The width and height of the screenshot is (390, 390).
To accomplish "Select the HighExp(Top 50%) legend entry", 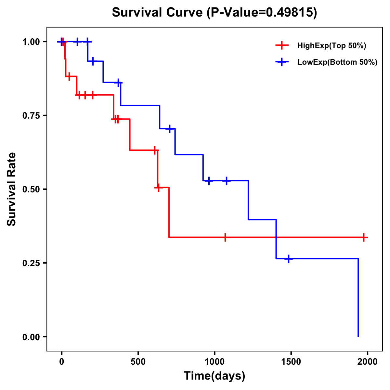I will click(x=331, y=46).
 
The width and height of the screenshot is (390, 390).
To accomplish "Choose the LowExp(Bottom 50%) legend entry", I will click(x=337, y=62).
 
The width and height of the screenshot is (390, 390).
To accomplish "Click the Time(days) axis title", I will click(x=214, y=376).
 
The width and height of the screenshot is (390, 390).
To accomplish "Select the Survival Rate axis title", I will click(x=12, y=189).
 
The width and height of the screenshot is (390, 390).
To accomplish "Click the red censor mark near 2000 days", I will click(x=364, y=237).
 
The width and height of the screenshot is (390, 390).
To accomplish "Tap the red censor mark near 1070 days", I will click(x=225, y=237).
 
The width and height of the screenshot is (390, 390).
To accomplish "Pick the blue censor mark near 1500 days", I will click(x=288, y=259).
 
